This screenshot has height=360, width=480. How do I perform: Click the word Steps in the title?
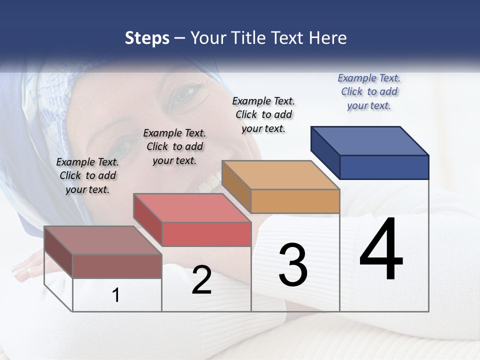[147, 38]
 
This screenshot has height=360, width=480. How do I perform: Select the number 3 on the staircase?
[293, 265]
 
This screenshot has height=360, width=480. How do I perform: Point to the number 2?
[201, 280]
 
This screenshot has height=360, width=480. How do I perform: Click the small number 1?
[116, 295]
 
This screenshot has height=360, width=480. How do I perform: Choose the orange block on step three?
[281, 187]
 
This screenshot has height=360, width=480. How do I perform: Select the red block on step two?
[192, 220]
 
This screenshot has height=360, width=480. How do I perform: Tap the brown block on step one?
[103, 252]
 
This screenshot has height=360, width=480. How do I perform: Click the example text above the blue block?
[369, 91]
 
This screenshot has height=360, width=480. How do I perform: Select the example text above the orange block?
[263, 114]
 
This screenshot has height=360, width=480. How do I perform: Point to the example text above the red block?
[174, 146]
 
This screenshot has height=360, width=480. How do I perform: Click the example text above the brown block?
[87, 175]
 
